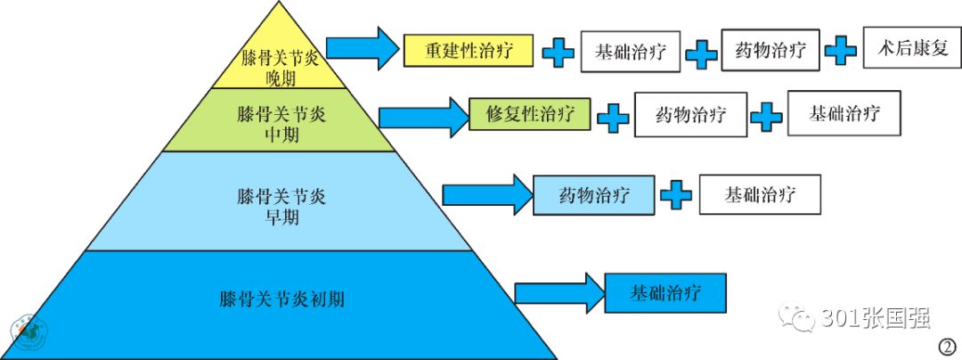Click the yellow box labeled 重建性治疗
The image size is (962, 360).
(x=468, y=50)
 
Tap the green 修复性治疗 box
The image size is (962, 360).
(x=529, y=114)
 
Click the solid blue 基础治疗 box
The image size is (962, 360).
(x=665, y=292)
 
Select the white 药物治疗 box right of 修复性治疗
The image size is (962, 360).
(x=690, y=115)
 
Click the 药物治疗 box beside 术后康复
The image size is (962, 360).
(x=770, y=51)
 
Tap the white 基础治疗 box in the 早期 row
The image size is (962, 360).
(x=760, y=194)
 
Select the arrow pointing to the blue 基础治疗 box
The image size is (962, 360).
(x=557, y=293)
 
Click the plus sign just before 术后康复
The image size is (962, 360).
(x=840, y=50)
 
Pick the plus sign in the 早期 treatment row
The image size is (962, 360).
(x=676, y=194)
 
